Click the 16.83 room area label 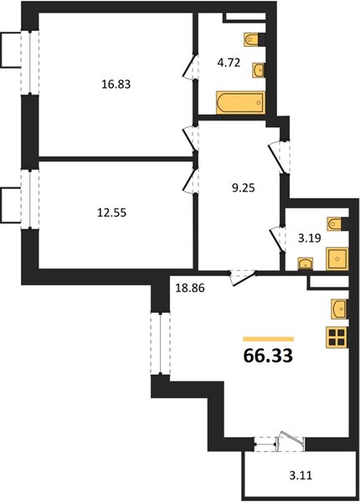pos(116,85)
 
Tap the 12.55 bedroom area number pos(112,213)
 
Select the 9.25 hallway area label pos(243,188)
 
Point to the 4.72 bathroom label pos(229,63)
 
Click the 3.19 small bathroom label pos(310,238)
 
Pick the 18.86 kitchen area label pos(190,288)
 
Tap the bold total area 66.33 pos(268,356)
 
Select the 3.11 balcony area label pos(301,475)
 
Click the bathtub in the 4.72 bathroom pos(241,103)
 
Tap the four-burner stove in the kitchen pos(337,337)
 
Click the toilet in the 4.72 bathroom pos(252,39)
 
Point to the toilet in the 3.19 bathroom pos(335,223)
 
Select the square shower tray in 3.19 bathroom pos(337,259)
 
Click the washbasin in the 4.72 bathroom pos(259,69)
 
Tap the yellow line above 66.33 pos(269,339)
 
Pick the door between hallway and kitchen pos(244,277)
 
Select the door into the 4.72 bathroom pos(191,66)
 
